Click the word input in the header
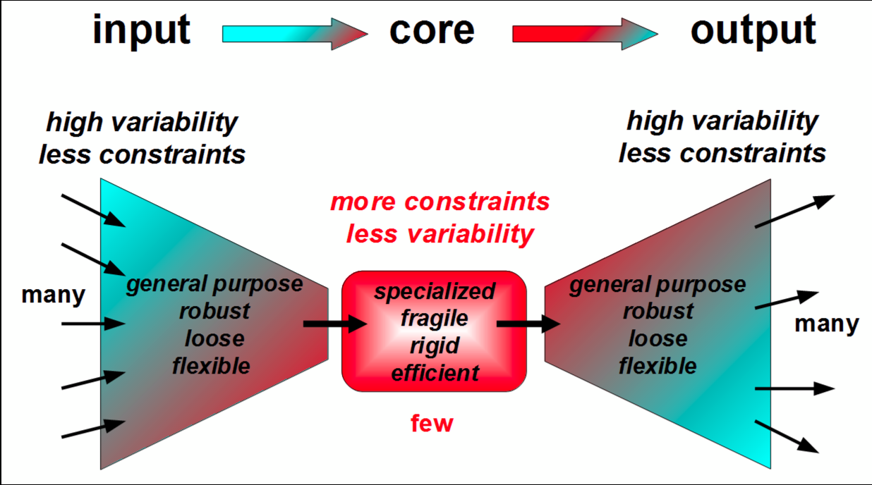click(141, 31)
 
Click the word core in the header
click(432, 31)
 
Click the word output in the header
click(753, 31)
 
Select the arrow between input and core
click(295, 34)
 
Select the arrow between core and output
click(585, 34)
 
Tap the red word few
click(432, 423)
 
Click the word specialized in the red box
click(435, 291)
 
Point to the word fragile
click(435, 318)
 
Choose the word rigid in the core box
click(435, 345)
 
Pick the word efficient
click(435, 372)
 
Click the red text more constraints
click(440, 202)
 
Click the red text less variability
click(440, 233)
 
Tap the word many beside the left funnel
click(53, 295)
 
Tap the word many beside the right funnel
click(827, 324)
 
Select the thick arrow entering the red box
click(334, 324)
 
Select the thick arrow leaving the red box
click(528, 324)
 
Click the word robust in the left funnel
click(214, 311)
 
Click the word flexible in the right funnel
click(658, 366)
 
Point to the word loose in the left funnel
click(214, 338)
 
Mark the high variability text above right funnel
click(722, 121)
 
